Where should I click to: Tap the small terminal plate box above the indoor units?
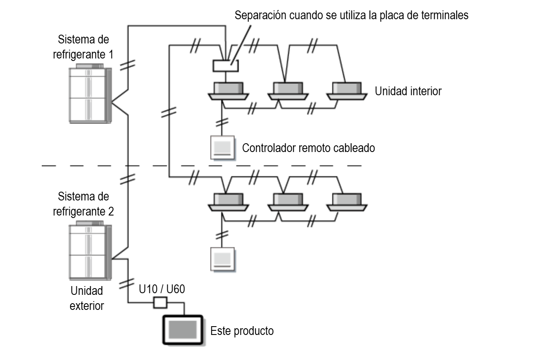[x=225, y=65]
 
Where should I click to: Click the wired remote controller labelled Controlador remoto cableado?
[x=222, y=147]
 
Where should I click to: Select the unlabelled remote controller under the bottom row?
[x=222, y=259]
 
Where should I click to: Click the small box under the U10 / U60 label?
[x=160, y=302]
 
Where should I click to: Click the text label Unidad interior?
[x=408, y=91]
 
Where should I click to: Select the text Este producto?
[x=242, y=331]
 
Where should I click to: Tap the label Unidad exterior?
[x=87, y=298]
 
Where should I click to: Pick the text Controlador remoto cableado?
[x=308, y=148]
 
